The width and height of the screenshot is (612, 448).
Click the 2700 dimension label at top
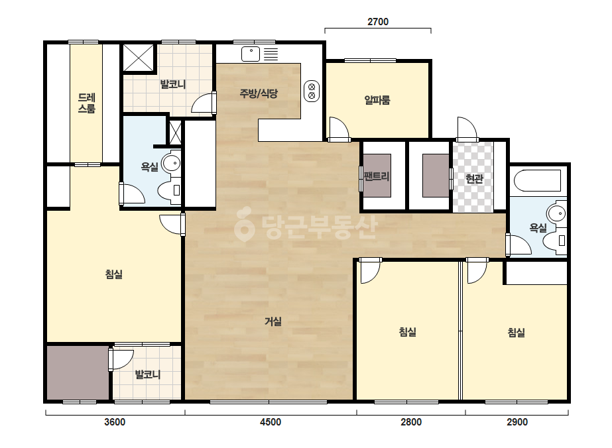(x=378, y=22)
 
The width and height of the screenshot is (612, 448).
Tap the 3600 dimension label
(x=115, y=422)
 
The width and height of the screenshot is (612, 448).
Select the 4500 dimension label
(x=271, y=422)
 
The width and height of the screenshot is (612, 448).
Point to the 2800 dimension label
(x=411, y=422)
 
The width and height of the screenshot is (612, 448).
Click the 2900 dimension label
(x=517, y=422)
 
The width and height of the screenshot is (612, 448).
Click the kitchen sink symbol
(x=251, y=54)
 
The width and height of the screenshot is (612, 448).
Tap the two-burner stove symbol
(x=312, y=91)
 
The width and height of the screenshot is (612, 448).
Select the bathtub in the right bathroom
(x=538, y=180)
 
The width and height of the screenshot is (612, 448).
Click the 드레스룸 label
(x=87, y=103)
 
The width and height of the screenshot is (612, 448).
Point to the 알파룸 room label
(x=377, y=100)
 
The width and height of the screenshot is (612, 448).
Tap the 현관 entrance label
(x=474, y=179)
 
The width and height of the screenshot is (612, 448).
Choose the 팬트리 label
(x=377, y=176)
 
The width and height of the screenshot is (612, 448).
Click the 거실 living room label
(x=273, y=321)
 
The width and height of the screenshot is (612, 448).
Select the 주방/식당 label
(x=259, y=93)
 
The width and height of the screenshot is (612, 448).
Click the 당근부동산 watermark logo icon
(x=244, y=225)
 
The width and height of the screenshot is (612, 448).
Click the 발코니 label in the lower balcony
(x=148, y=374)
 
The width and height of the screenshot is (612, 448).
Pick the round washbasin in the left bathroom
(x=171, y=163)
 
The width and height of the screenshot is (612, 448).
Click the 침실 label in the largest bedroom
(x=114, y=274)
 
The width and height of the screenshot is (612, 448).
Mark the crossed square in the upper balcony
(x=139, y=58)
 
